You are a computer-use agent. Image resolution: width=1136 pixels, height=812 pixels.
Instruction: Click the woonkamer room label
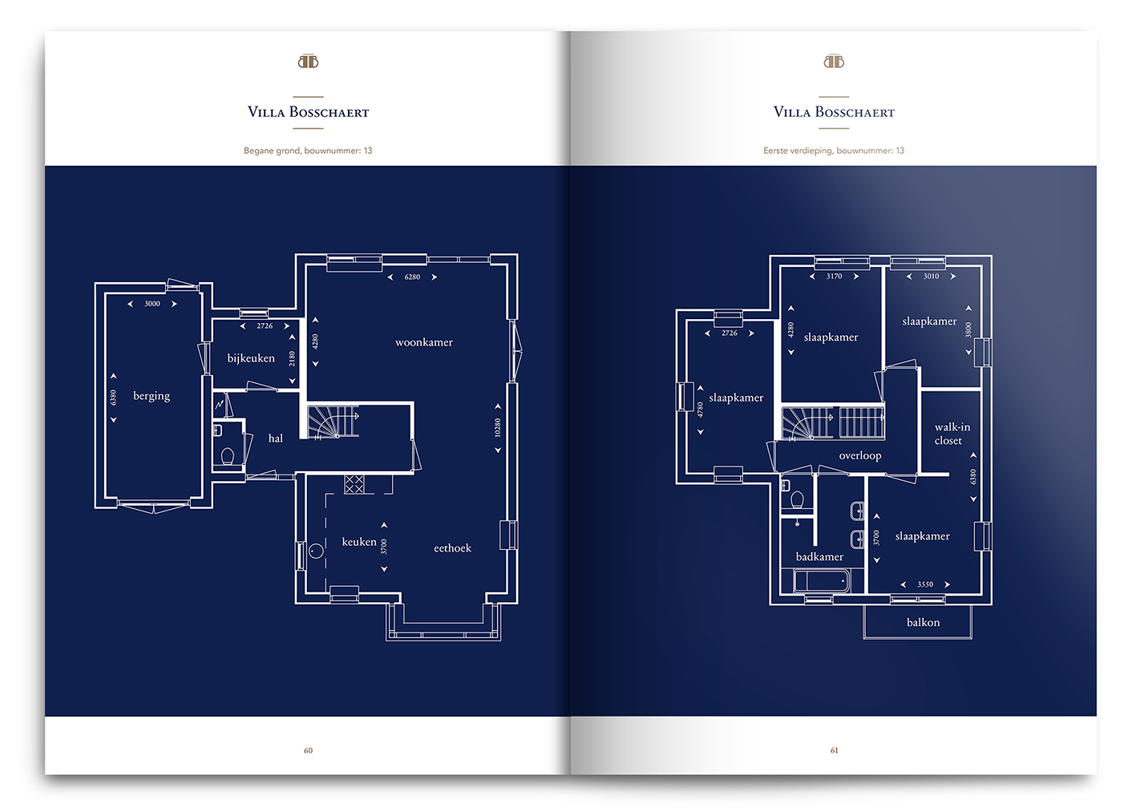coord(424,342)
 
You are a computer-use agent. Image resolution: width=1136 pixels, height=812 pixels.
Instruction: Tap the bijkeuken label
coord(251,358)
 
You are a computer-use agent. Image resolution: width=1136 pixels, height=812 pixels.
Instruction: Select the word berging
coord(152,396)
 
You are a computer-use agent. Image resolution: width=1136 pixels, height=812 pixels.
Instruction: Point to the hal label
coord(275,438)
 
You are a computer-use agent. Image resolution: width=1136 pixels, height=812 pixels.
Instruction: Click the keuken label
coord(359,542)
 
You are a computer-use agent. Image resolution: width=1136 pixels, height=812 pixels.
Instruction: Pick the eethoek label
coord(452,547)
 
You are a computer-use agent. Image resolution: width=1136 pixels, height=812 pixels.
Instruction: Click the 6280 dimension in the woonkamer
coord(412,277)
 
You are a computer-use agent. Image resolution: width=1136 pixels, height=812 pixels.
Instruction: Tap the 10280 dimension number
coord(498,427)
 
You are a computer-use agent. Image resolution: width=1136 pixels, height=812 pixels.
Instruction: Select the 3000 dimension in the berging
coord(152,304)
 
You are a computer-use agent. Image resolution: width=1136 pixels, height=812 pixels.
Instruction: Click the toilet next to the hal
coord(228,456)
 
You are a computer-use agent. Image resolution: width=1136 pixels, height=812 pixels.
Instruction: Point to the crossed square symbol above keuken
coord(354,484)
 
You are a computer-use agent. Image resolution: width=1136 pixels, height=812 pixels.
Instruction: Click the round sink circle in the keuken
coord(316,551)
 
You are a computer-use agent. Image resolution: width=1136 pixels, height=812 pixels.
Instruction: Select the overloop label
coord(860,456)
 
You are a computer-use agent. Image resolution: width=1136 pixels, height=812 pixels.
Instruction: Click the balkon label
coord(923,622)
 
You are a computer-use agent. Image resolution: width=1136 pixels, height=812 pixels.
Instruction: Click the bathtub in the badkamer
coord(822,581)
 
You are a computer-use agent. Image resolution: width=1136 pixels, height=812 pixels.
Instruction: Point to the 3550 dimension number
coord(925,584)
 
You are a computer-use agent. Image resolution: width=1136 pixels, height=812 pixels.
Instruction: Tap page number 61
coord(835,750)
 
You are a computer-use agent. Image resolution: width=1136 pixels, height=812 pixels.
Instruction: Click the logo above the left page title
coord(308,62)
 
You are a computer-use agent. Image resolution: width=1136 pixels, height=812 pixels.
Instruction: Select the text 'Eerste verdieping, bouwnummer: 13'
coord(834,151)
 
